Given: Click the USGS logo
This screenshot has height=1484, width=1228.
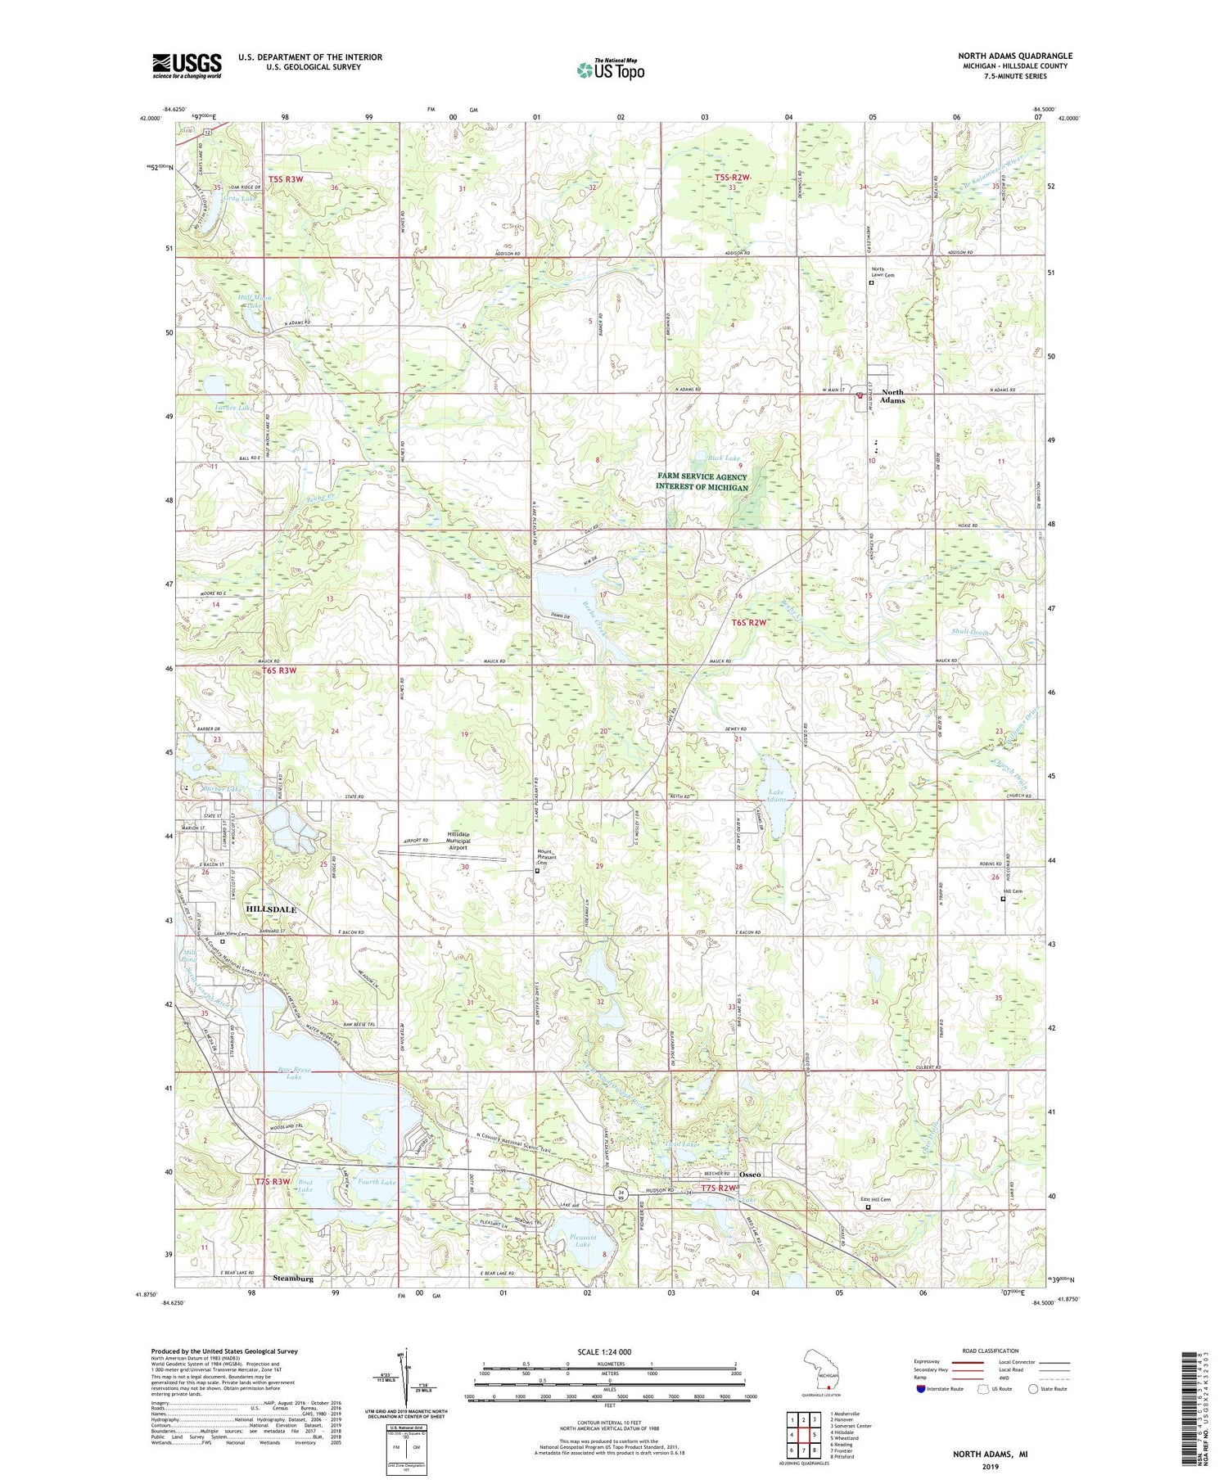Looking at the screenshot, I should coord(187,65).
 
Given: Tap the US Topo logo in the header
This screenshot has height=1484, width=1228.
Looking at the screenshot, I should coord(610,70).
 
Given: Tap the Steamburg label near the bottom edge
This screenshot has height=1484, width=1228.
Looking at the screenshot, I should coord(293,1278).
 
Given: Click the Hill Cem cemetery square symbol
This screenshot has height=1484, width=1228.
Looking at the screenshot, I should coord(1004,900).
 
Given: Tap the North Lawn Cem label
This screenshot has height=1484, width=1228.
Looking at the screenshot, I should coord(883,272).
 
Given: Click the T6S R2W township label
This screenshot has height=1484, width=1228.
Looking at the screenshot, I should coord(750,623).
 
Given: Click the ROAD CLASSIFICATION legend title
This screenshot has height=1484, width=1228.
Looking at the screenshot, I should coord(991,1351).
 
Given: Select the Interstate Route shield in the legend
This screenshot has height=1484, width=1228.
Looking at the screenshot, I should coord(920,1389).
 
